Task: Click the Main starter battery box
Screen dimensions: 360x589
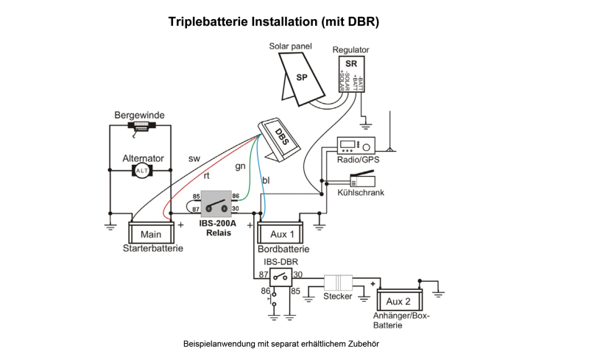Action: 151,234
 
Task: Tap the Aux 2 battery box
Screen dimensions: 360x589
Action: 398,302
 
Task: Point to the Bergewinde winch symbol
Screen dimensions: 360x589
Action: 140,127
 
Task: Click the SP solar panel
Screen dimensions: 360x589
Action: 301,77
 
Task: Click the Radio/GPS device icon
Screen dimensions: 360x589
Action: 356,145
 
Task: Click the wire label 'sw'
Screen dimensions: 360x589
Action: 194,158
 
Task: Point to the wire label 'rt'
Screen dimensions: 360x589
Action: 207,177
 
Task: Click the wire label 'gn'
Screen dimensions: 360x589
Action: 240,166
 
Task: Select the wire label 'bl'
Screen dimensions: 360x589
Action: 265,180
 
